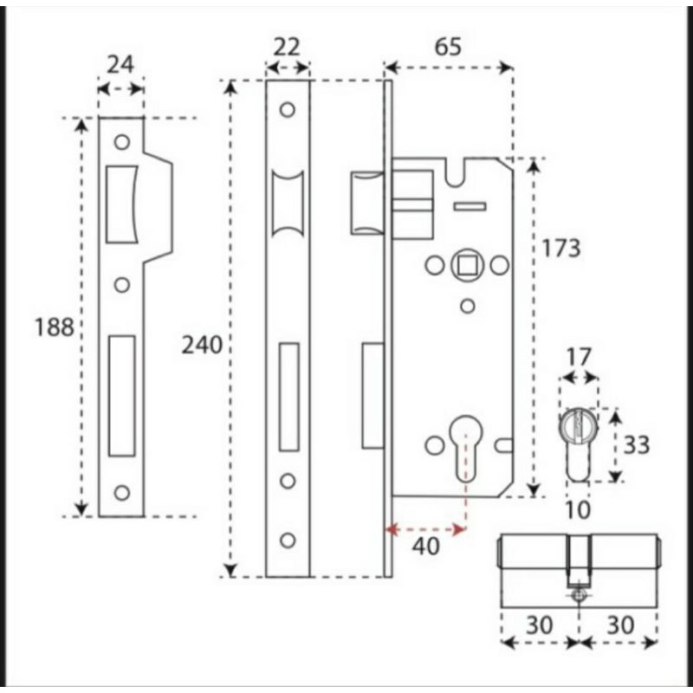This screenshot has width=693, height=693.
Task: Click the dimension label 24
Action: click(120, 64)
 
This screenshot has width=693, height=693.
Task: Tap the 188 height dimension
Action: click(54, 327)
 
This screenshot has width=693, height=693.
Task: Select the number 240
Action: click(202, 345)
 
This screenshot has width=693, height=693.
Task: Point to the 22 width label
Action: click(286, 47)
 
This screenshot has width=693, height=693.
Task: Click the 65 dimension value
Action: click(447, 47)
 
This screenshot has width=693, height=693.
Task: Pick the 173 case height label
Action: click(560, 248)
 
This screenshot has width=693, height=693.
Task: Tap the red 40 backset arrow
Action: click(426, 529)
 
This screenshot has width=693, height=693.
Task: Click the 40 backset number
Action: click(425, 547)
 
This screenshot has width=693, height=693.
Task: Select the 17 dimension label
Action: click(578, 356)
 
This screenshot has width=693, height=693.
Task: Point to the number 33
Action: click(637, 445)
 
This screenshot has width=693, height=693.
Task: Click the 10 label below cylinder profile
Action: click(577, 510)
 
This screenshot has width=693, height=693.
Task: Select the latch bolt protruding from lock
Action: click(366, 202)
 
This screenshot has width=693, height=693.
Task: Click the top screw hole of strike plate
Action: click(121, 141)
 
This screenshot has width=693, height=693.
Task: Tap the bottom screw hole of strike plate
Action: click(121, 492)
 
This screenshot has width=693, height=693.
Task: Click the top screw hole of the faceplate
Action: click(287, 110)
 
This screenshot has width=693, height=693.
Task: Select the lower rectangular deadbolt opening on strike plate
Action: click(122, 396)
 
